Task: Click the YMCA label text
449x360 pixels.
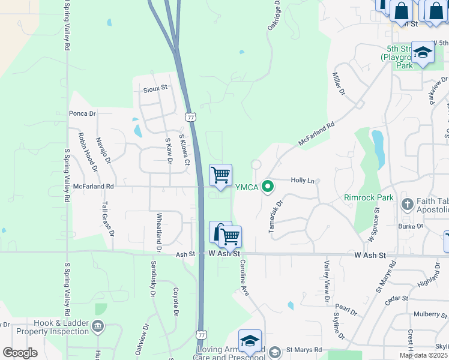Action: point(246,187)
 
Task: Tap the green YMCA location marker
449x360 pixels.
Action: point(268,187)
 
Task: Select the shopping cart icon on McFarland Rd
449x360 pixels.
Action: point(221,175)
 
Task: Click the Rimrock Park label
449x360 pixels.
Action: point(369,197)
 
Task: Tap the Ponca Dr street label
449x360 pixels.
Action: point(82,113)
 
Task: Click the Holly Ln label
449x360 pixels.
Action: point(303,180)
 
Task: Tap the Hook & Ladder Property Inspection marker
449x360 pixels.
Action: point(98,326)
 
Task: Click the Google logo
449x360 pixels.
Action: point(20,353)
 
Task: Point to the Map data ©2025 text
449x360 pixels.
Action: point(424,355)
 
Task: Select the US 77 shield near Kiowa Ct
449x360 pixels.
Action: point(190,117)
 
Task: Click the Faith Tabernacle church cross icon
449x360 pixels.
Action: point(407,204)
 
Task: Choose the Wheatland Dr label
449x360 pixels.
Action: point(159,232)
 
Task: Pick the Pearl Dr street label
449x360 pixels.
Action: point(346,311)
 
